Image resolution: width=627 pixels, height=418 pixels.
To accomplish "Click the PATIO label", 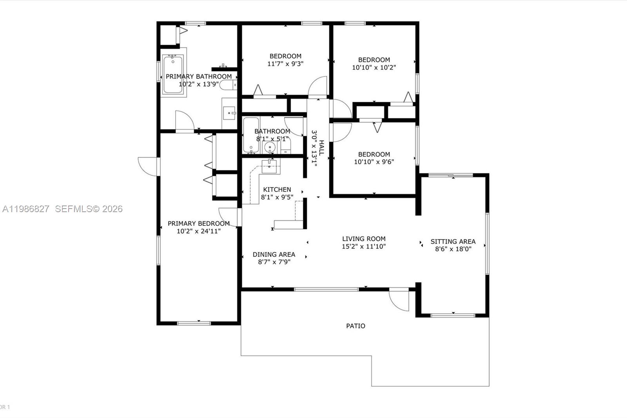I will click(355, 326).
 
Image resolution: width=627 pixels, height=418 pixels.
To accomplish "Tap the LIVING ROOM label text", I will click(364, 239).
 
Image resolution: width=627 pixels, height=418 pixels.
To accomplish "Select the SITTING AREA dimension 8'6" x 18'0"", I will click(453, 249).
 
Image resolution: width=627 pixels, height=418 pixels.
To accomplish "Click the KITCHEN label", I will click(277, 190).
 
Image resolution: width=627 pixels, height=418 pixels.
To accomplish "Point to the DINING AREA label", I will click(274, 254).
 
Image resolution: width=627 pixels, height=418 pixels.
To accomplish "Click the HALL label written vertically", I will click(321, 148).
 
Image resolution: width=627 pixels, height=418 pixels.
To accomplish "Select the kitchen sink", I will click(269, 165).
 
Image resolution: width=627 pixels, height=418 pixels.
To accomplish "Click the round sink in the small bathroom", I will click(270, 147).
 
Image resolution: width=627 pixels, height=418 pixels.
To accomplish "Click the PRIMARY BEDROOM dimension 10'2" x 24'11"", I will click(199, 231).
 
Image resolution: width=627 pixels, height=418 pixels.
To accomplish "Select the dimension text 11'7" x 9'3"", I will click(285, 64).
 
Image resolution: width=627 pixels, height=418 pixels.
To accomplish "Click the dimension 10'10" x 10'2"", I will click(374, 67).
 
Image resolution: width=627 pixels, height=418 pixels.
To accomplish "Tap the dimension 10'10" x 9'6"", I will click(374, 162).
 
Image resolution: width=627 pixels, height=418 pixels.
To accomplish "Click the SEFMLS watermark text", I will click(89, 209).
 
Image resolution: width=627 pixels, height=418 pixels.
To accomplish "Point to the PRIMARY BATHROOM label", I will click(199, 76).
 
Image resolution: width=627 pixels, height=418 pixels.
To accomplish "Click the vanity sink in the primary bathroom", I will click(229, 113).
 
